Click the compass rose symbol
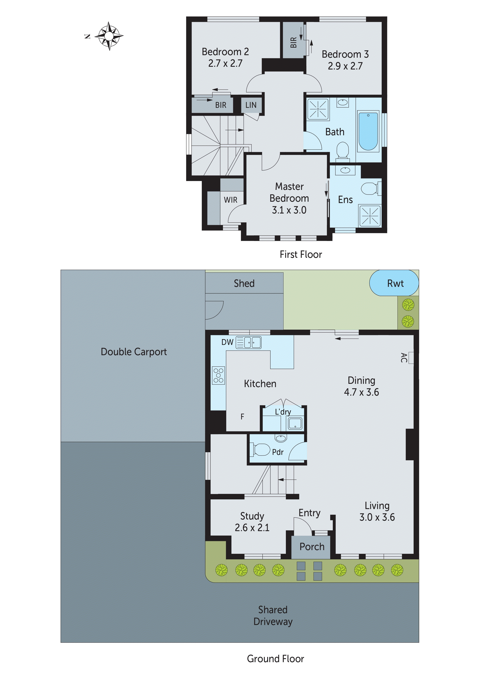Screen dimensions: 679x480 click(x=109, y=36)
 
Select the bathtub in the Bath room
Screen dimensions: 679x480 click(x=368, y=131)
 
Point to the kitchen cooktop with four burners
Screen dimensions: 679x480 click(x=218, y=376)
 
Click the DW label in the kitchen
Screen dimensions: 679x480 click(x=227, y=342)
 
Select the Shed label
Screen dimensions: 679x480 click(x=244, y=283)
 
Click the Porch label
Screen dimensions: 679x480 click(x=312, y=547)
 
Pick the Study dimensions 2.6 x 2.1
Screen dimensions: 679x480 click(x=252, y=528)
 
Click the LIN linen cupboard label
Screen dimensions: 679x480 click(x=251, y=105)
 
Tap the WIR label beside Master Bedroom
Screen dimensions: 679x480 click(x=230, y=200)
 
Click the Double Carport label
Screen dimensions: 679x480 click(x=134, y=352)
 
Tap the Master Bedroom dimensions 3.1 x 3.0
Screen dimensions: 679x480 click(x=289, y=210)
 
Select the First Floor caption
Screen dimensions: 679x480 click(x=300, y=254)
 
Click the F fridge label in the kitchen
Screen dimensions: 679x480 click(x=242, y=417)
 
